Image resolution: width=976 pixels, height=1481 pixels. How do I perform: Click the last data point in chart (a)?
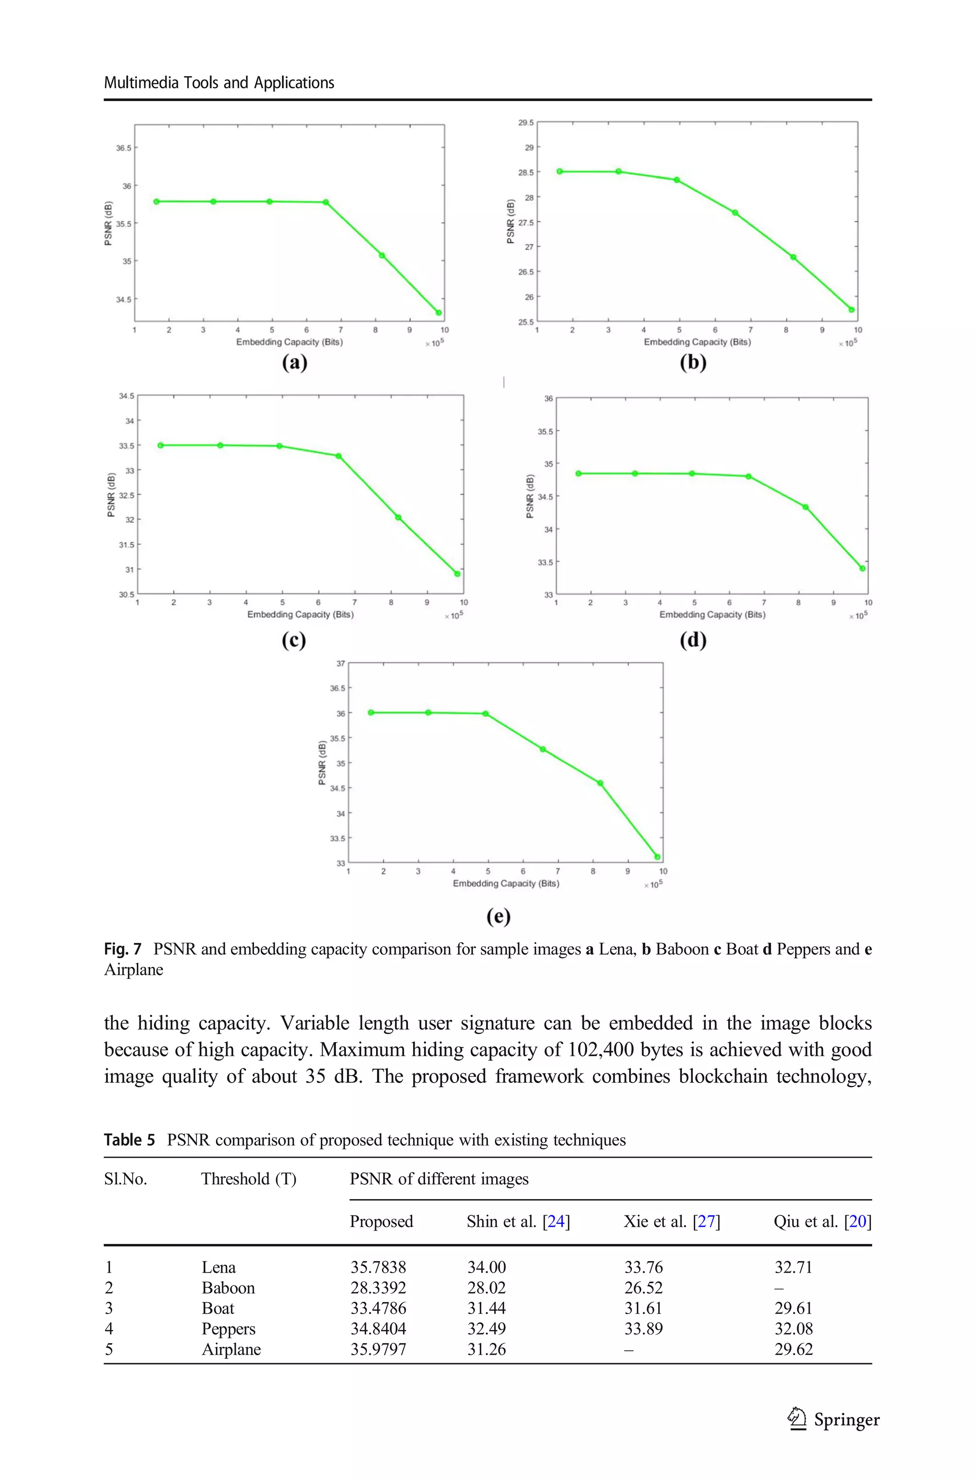(439, 312)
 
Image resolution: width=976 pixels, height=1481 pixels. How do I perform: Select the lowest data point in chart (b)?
(852, 310)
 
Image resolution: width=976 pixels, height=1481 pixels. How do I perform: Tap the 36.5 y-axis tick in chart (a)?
(123, 148)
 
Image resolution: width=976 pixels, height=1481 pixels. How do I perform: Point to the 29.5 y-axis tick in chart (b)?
(526, 123)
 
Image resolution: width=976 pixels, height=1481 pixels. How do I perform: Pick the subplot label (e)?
(498, 916)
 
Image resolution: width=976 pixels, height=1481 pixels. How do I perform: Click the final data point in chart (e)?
(657, 857)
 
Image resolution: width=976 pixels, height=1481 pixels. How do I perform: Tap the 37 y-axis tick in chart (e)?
(340, 664)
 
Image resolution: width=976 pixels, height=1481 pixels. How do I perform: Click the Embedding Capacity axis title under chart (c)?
(300, 615)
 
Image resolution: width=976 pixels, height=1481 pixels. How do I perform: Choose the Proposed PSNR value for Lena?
(378, 1267)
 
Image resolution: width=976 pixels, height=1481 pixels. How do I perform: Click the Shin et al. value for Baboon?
(486, 1288)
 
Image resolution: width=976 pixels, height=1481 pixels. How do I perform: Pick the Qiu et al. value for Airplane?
(793, 1349)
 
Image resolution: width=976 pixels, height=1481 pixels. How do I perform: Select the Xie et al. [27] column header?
(671, 1222)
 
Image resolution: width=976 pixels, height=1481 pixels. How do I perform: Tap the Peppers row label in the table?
(228, 1329)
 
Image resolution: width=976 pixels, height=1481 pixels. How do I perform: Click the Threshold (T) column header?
(248, 1179)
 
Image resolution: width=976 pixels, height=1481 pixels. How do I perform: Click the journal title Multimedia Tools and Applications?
(219, 83)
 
